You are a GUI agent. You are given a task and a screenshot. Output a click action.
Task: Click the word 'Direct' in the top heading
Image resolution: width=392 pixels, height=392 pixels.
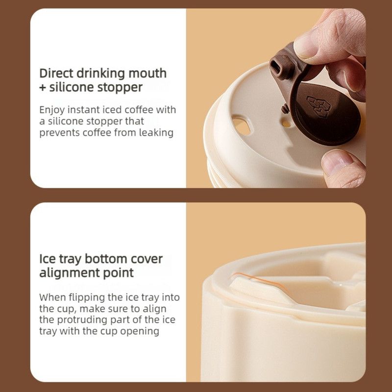(56, 73)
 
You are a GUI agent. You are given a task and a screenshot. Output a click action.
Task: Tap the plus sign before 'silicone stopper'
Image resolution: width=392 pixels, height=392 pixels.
(43, 88)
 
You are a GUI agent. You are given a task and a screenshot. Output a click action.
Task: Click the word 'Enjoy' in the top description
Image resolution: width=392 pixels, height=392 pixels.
(52, 110)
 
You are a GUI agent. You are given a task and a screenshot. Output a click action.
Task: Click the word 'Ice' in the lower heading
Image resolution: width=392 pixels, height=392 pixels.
(47, 259)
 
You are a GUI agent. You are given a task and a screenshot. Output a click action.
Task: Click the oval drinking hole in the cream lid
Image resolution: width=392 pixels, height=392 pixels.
(242, 125)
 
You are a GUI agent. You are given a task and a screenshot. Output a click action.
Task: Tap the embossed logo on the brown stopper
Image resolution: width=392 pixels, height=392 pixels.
(319, 106)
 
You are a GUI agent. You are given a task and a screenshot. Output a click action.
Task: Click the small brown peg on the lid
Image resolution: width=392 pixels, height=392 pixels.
(285, 109)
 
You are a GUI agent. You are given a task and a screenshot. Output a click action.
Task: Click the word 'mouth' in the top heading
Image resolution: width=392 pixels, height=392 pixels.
(147, 73)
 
